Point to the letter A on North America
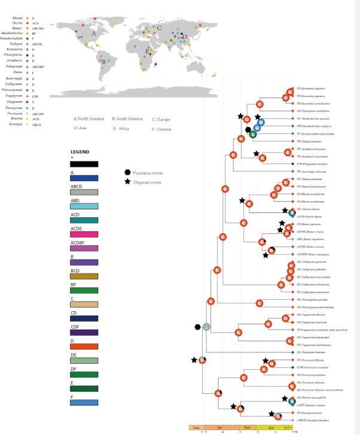[x=94, y=35]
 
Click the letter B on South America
[x=104, y=60]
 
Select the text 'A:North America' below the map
[x=89, y=118]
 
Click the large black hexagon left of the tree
[x=197, y=327]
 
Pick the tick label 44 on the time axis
[x=222, y=431]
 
